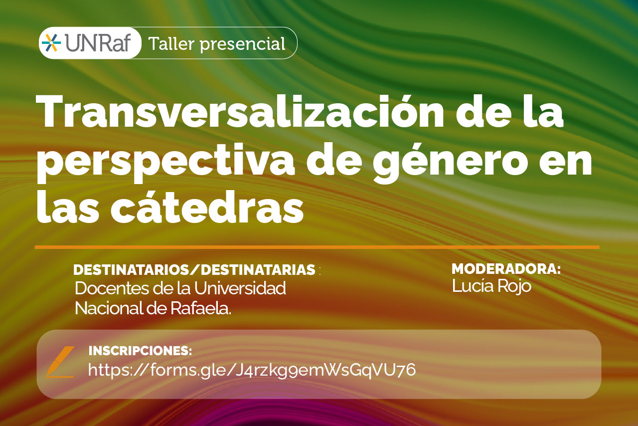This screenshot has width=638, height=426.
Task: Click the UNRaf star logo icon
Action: tap(51, 43)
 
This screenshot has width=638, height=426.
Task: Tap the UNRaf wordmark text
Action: tap(98, 43)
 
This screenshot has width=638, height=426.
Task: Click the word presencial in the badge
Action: tap(242, 44)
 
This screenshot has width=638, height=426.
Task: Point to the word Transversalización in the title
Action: tap(240, 111)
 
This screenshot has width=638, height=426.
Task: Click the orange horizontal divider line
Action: tap(317, 247)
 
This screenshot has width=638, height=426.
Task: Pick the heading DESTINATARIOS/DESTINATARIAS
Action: tap(194, 270)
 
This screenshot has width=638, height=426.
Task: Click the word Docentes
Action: tap(113, 288)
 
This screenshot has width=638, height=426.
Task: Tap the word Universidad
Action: tap(240, 288)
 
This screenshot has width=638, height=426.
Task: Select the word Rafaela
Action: tap(201, 308)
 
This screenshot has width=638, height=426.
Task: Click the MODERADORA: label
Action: tap(506, 269)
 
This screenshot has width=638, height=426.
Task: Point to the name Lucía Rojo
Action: tap(491, 286)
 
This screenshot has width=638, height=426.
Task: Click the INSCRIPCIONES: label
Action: tap(140, 351)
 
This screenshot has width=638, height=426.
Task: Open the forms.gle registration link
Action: tap(252, 370)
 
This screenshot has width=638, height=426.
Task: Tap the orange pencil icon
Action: tap(60, 362)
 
